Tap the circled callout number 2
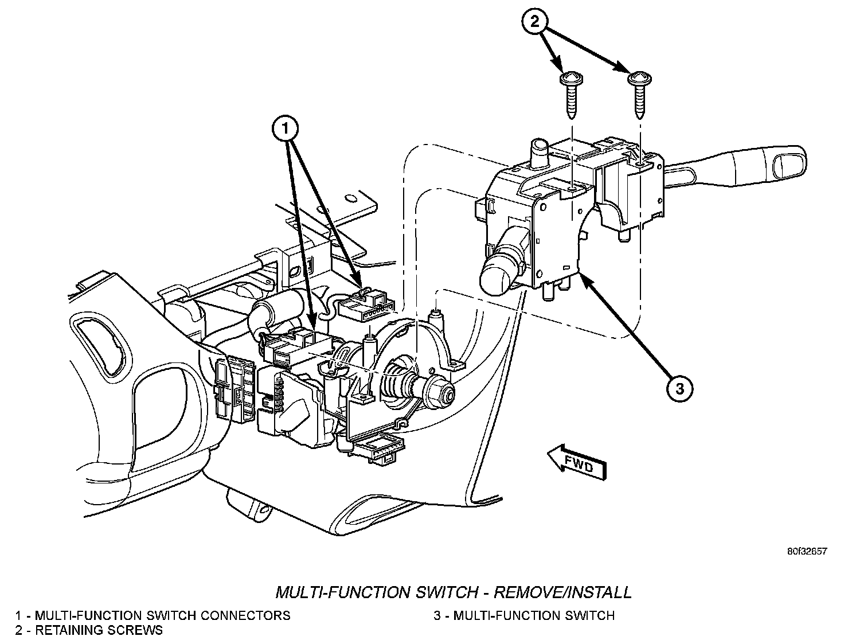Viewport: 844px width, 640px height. [534, 22]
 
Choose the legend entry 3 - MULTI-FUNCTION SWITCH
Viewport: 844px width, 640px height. [524, 615]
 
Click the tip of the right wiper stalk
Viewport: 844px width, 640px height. [791, 159]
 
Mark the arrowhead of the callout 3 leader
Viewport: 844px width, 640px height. [582, 276]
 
